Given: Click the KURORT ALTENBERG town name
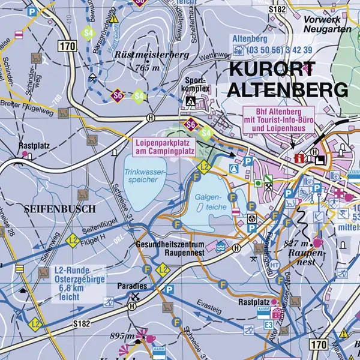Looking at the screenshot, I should coord(288,80).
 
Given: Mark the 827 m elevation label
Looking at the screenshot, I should coord(297,244).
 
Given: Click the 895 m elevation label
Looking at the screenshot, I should coord(121,335).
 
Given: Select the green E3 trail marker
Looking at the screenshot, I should coord(269,324).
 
